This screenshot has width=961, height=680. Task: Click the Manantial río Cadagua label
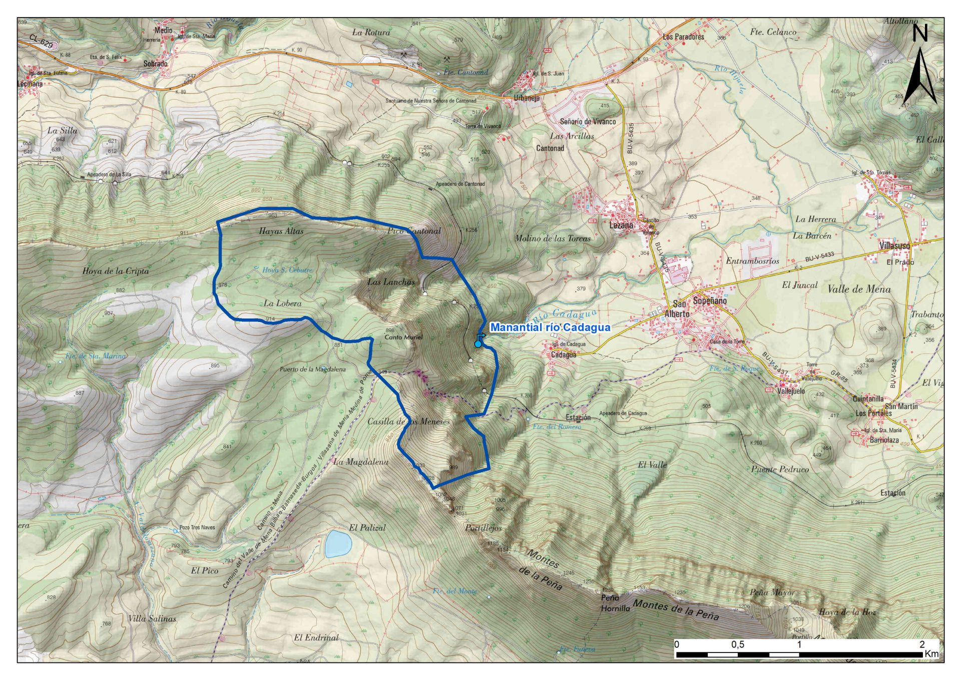pos(550,327)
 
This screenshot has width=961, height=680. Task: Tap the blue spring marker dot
pos(478,344)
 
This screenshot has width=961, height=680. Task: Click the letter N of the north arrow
pos(920,33)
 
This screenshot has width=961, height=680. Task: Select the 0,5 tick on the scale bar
pos(737,644)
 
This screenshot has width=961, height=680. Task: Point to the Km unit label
pos(931,653)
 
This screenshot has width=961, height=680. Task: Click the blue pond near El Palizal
pos(338,544)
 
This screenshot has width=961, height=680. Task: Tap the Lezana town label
pos(621,225)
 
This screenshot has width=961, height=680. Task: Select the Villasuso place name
pos(894,246)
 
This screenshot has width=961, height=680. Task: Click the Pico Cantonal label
pos(414,231)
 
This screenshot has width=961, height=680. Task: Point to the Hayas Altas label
pos(281,231)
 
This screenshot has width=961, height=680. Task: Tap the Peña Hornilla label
pos(615,603)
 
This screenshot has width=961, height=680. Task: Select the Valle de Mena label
pos(859,289)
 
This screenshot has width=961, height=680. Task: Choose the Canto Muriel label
pos(403,337)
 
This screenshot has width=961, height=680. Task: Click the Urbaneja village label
pos(527,98)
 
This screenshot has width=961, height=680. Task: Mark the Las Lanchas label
pos(391,282)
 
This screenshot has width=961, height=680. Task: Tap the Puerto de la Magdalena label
pos(312,369)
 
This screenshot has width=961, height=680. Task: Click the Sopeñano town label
pos(709,301)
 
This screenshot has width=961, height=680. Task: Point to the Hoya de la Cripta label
pos(116,271)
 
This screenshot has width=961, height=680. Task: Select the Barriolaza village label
pos(884,440)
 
